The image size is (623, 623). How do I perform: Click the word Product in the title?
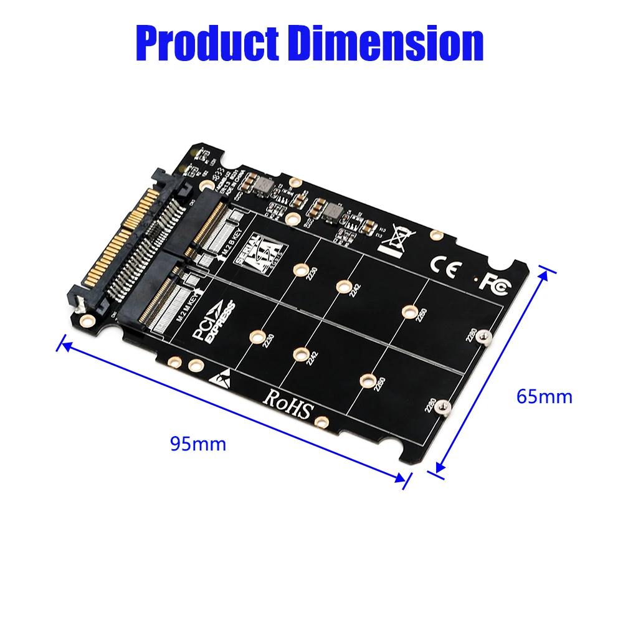pyautogui.click(x=208, y=42)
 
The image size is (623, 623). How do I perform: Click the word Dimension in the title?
pyautogui.click(x=386, y=42)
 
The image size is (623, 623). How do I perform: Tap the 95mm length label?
pyautogui.click(x=198, y=444)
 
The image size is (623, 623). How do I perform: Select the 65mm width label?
pyautogui.click(x=544, y=396)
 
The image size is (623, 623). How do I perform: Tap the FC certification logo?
pyautogui.click(x=495, y=282)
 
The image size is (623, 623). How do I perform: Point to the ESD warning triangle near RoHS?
pyautogui.click(x=223, y=376)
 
